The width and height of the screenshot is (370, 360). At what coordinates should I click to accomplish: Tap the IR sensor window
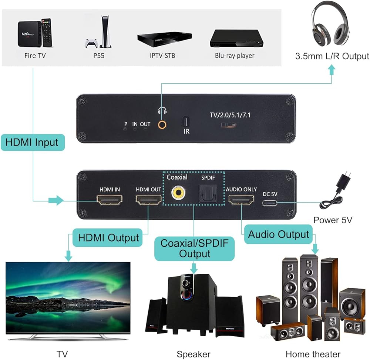click(186, 121)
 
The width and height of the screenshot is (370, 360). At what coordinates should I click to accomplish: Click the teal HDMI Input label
click(32, 142)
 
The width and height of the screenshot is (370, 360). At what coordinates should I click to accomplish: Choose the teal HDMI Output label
click(108, 237)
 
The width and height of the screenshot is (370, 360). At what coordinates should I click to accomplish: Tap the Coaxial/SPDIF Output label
click(195, 249)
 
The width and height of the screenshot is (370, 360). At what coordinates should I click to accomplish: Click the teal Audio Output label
click(278, 234)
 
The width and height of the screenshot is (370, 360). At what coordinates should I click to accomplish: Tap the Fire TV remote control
click(46, 33)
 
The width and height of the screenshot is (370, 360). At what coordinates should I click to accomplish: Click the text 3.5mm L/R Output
click(332, 56)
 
